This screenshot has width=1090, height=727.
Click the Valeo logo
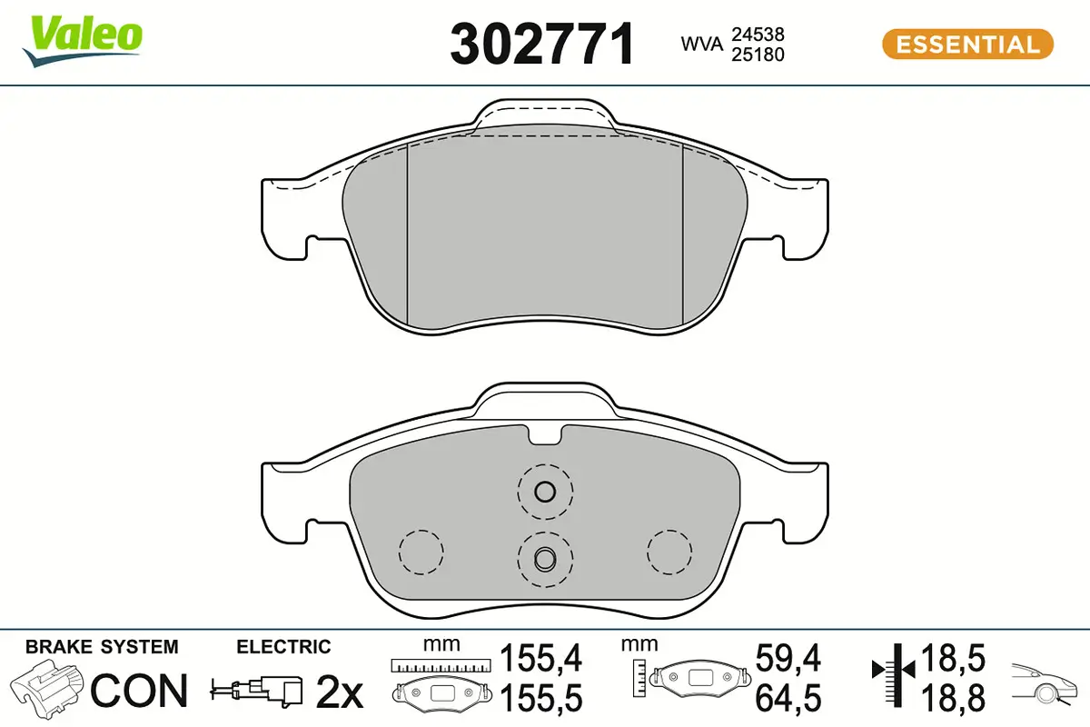tap(83, 41)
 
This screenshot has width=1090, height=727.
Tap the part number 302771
tap(542, 44)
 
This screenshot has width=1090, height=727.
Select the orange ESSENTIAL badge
tap(967, 45)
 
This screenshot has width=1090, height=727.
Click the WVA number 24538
tap(758, 35)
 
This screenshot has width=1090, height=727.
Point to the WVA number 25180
tap(758, 55)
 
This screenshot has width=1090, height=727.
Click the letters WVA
tap(702, 44)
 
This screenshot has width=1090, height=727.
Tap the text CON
tap(139, 691)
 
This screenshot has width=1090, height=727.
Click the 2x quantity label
tap(340, 692)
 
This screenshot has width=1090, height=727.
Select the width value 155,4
tap(540, 658)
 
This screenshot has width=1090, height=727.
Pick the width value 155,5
tap(540, 698)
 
